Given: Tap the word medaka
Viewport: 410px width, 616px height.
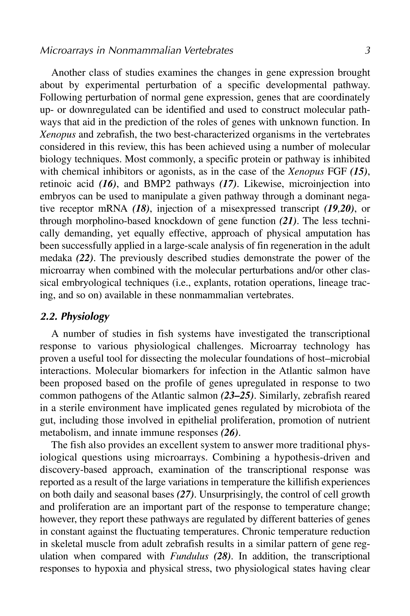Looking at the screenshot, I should tap(56, 258).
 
